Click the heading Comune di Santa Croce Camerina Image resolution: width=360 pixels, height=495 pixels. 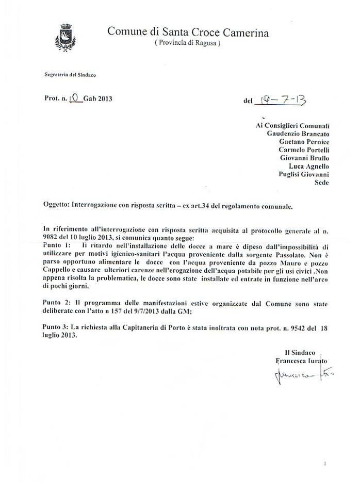pyautogui.click(x=188, y=32)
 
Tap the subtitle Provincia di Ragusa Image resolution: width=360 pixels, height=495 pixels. pyautogui.click(x=188, y=44)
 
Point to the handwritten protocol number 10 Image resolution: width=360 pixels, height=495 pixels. pyautogui.click(x=75, y=99)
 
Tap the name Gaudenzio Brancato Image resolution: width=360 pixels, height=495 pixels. pyautogui.click(x=298, y=133)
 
